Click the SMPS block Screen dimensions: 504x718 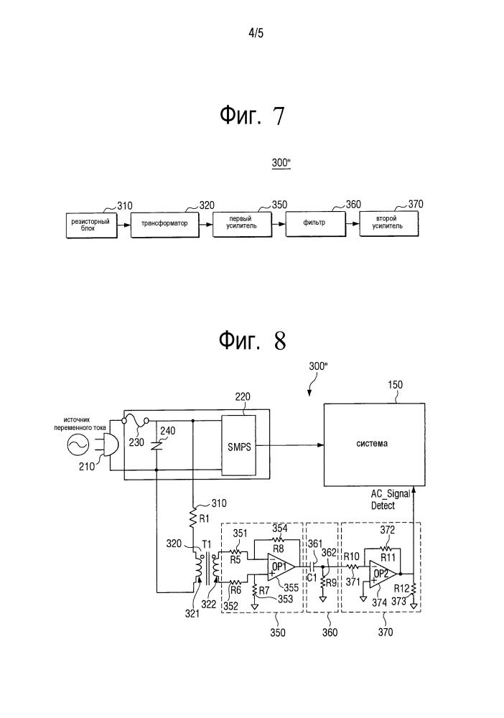[239, 446]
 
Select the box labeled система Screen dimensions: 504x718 [375, 444]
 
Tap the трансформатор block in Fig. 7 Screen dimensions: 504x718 [165, 224]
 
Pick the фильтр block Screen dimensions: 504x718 [315, 223]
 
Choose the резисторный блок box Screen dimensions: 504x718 [91, 225]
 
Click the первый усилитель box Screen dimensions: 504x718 [242, 223]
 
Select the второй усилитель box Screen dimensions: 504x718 [388, 223]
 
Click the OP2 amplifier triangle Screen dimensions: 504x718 [383, 574]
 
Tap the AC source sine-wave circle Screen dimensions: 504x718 [78, 444]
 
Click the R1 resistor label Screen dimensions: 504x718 [204, 519]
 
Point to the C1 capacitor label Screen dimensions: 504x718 [312, 578]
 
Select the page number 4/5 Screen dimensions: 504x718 [256, 33]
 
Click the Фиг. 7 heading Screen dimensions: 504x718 [252, 116]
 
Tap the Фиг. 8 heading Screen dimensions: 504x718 [252, 340]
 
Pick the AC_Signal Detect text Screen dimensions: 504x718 [391, 500]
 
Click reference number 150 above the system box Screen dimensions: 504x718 [395, 385]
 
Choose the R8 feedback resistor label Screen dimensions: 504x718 [279, 549]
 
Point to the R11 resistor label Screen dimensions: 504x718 [388, 557]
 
